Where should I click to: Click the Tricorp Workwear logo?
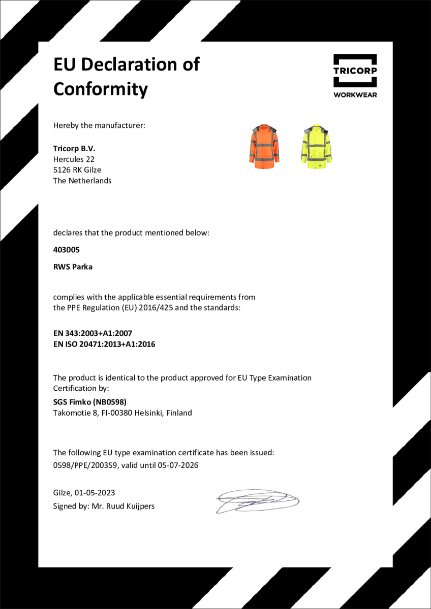[x=355, y=76]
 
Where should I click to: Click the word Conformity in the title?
[x=101, y=89]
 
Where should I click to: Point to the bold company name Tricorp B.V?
[x=74, y=149]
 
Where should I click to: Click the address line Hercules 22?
[x=74, y=159]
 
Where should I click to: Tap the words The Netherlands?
[x=82, y=181]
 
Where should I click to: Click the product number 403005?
[x=67, y=250]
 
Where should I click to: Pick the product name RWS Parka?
[x=73, y=266]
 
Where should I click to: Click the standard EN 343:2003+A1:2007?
[x=93, y=333]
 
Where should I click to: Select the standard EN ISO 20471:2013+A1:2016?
[x=104, y=344]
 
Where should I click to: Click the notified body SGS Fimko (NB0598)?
[x=86, y=402]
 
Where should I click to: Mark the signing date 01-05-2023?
[x=95, y=493]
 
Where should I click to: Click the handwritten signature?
[x=256, y=500]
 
